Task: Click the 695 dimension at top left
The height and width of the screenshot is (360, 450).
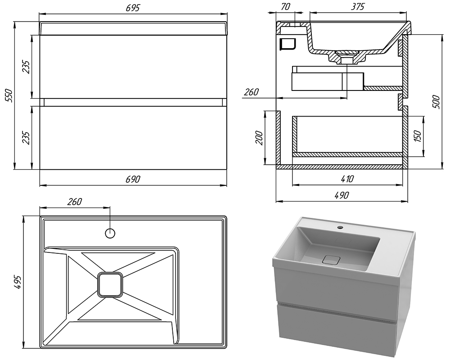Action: pyautogui.click(x=134, y=8)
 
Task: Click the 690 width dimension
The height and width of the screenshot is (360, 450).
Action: pyautogui.click(x=133, y=179)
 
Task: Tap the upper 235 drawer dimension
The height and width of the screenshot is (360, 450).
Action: pyautogui.click(x=26, y=68)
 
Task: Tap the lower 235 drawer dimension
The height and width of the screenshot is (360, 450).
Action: pyautogui.click(x=26, y=137)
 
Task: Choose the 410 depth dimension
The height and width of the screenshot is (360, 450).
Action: pyautogui.click(x=347, y=179)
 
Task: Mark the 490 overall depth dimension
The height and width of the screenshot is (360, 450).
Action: pyautogui.click(x=342, y=195)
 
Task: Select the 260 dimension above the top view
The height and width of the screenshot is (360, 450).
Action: pyautogui.click(x=75, y=202)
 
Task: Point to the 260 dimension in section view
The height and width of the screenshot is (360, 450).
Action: pyautogui.click(x=251, y=92)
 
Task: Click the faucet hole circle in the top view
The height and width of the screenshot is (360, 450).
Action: pyautogui.click(x=110, y=233)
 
